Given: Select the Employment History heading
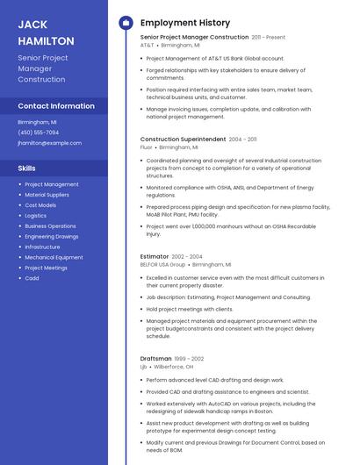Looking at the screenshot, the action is (x=184, y=23).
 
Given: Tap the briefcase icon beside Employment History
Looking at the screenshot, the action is (x=125, y=23).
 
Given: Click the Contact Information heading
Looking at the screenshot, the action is (x=56, y=106).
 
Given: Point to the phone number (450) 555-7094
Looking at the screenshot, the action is (x=38, y=132).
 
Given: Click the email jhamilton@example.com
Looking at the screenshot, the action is (x=49, y=143).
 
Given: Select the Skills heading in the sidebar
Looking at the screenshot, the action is (x=27, y=168).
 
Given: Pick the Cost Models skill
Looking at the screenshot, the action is (x=40, y=205).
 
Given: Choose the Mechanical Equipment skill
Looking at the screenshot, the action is (x=54, y=257).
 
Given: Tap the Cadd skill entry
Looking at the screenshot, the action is (x=32, y=278).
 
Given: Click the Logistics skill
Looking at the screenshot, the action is (x=36, y=216).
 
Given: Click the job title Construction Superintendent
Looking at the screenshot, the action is (x=183, y=139).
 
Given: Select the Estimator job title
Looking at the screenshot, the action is (x=155, y=256).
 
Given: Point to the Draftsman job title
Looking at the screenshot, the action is (x=155, y=358).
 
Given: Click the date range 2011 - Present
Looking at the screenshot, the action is (x=268, y=38).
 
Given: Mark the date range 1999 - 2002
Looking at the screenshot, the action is (x=189, y=359).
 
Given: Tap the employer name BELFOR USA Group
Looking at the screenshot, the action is (x=162, y=264).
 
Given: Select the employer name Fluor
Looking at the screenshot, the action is (x=146, y=147).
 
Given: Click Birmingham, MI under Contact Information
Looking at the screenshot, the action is (x=37, y=122).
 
